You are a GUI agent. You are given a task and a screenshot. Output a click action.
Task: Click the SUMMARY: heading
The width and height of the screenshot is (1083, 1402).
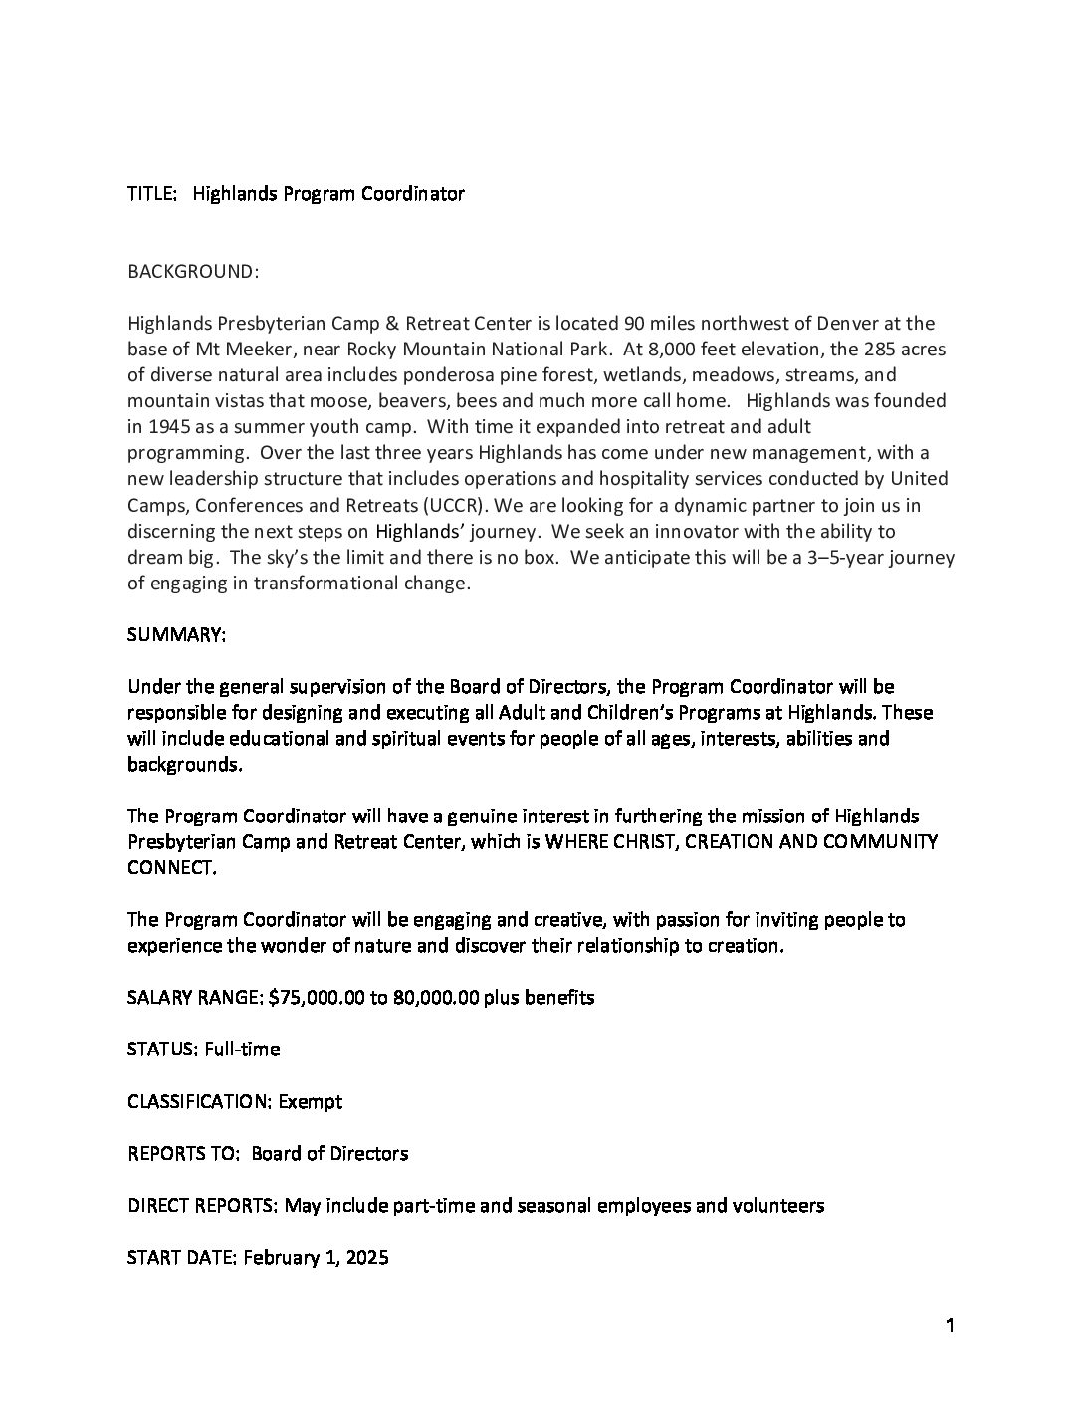pos(177,634)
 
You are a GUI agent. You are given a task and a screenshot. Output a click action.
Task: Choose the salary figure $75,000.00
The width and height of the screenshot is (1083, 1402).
pos(317,997)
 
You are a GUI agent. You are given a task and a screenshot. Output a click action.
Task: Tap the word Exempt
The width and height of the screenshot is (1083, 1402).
pos(311,1101)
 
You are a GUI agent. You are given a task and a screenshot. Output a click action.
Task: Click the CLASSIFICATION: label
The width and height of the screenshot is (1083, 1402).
pos(199,1101)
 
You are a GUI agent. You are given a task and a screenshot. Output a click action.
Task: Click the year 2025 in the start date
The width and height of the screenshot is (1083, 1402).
pos(365,1257)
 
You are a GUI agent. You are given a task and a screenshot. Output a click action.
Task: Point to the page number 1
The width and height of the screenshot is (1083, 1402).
pos(950,1325)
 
